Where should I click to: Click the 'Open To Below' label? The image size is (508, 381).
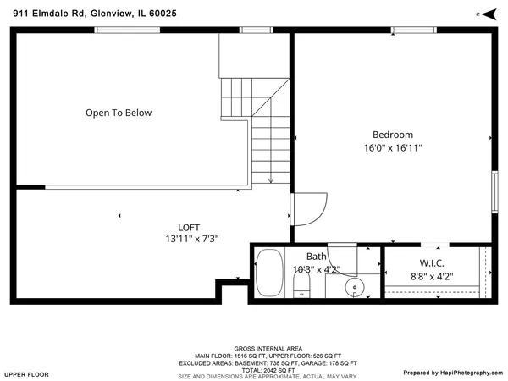click(x=119, y=113)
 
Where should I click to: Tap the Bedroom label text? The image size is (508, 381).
click(x=393, y=135)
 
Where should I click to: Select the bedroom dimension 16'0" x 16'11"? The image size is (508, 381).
click(x=393, y=148)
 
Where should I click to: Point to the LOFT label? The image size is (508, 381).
click(x=189, y=227)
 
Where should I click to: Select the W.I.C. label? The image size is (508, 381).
click(x=432, y=263)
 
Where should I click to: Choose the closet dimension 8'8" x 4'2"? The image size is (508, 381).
click(x=432, y=276)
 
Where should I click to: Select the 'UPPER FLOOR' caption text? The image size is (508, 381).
click(x=26, y=373)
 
